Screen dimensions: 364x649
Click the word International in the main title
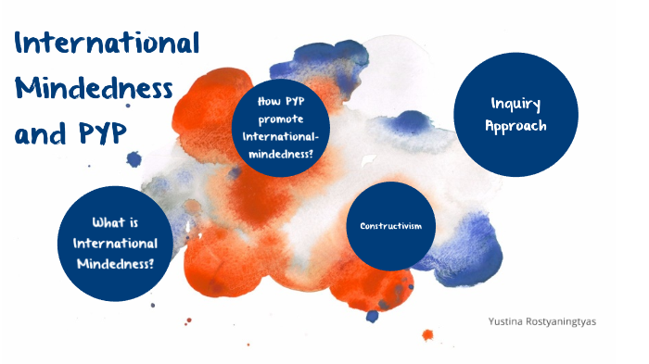tap(107, 44)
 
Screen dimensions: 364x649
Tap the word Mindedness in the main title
tap(95, 90)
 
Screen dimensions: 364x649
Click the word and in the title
tap(42, 135)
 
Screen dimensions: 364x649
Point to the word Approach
tap(515, 125)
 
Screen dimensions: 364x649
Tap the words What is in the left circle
tap(116, 222)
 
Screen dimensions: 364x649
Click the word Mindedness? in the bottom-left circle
tap(116, 263)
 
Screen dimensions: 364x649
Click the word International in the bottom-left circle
tap(116, 243)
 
